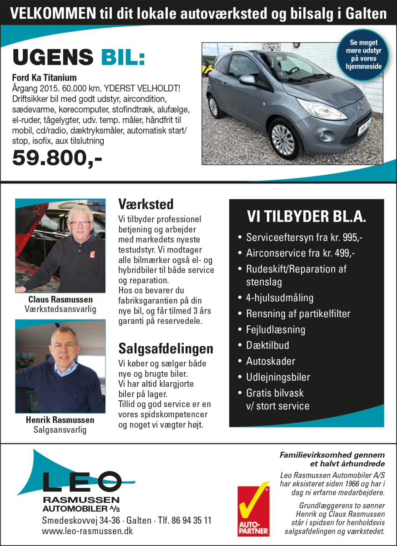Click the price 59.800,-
coord(57,158)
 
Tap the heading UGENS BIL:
coord(79,58)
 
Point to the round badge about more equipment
coord(363,54)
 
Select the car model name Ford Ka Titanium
coord(44,77)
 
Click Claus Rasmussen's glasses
coord(80,223)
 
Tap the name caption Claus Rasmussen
coord(60,299)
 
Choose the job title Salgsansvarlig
coord(60,429)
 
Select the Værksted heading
coord(146,203)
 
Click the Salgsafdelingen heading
coord(166,349)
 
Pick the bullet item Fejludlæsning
coord(276,329)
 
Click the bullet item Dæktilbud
coord(267,345)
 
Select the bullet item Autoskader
coord(271,361)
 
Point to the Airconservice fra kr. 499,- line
coord(301,253)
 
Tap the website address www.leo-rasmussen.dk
coord(87,531)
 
